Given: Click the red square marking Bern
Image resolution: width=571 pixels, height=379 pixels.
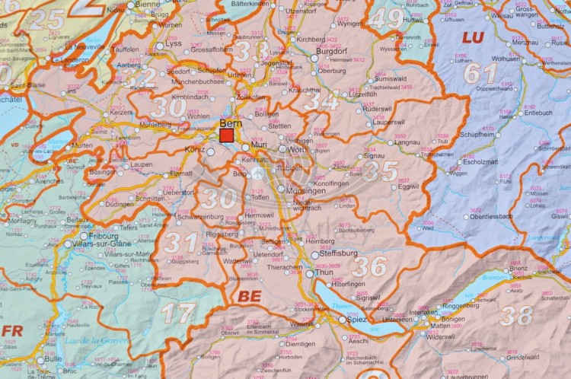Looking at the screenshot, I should click(x=227, y=135).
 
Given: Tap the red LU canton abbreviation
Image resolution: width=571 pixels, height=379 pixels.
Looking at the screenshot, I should click(x=473, y=37).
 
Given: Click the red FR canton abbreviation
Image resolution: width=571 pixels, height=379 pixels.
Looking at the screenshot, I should click(x=12, y=330).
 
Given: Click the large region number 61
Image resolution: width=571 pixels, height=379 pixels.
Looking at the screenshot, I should click(x=481, y=74).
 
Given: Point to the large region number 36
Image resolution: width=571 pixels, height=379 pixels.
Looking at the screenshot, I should click(x=369, y=266).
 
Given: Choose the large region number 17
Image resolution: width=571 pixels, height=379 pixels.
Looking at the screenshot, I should click(x=177, y=313).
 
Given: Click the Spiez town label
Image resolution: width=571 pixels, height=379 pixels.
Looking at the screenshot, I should click(x=358, y=320).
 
